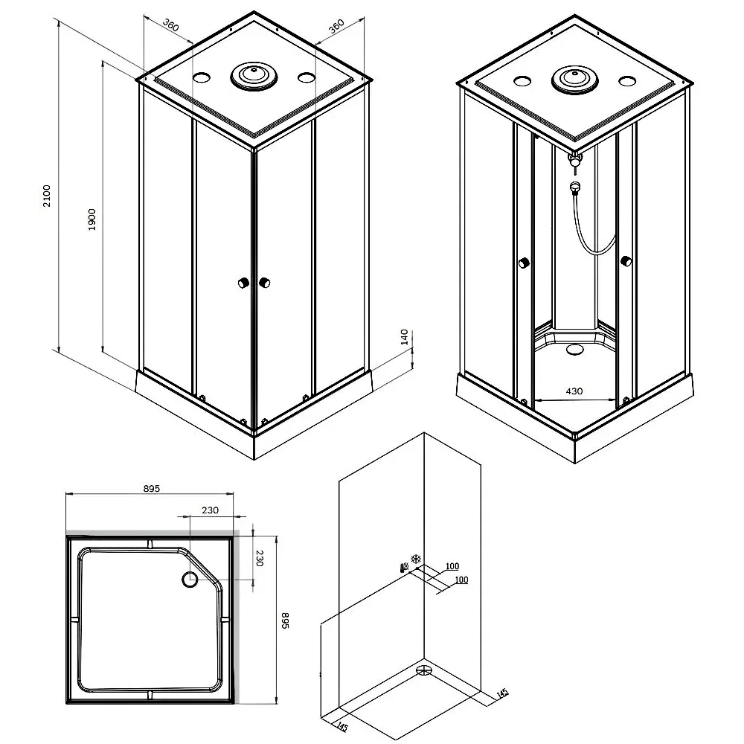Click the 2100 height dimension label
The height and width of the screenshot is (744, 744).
(46, 196)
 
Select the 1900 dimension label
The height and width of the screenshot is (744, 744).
(92, 219)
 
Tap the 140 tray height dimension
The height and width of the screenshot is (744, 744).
(404, 337)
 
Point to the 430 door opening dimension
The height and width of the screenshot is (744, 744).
(574, 391)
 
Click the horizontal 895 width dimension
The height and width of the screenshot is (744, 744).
(151, 488)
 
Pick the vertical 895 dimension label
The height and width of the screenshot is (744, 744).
(285, 620)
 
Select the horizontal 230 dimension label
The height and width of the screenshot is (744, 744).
(211, 510)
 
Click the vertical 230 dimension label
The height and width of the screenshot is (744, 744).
(260, 558)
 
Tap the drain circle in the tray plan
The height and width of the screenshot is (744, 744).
(190, 580)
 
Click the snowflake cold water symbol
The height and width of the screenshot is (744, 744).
(416, 559)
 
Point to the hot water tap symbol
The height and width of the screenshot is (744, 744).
(404, 568)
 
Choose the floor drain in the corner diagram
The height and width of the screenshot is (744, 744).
(424, 670)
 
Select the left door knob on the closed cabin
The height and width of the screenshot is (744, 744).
(243, 283)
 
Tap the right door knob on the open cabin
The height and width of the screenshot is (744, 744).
(626, 261)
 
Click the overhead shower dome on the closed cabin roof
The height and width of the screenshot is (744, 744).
(254, 76)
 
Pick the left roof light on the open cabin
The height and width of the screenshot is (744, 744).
(522, 81)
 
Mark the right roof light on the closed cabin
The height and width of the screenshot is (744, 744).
(307, 77)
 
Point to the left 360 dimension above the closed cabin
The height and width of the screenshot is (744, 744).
(170, 25)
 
